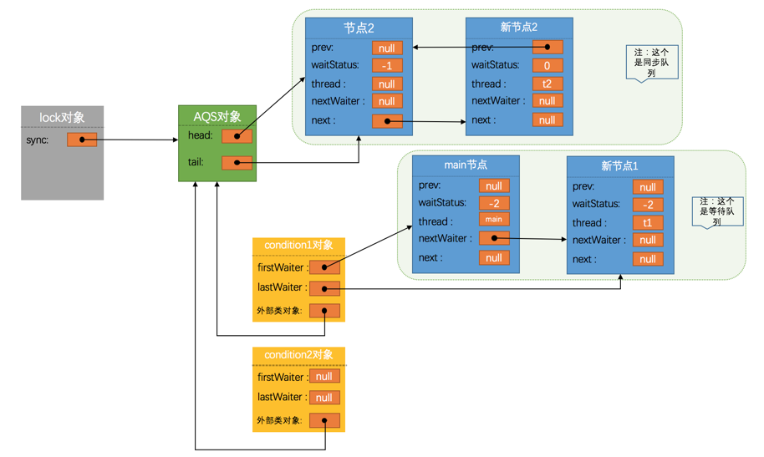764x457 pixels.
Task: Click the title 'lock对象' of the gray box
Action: pos(62,118)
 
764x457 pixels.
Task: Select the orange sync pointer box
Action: pos(82,140)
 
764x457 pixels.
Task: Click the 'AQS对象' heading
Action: pos(217,116)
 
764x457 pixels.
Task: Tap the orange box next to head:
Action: pos(237,136)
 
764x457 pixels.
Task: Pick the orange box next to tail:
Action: pos(237,163)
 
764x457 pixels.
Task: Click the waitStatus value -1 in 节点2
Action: pos(387,66)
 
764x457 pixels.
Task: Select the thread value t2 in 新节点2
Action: pos(548,84)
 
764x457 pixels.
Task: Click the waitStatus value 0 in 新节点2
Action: pos(548,66)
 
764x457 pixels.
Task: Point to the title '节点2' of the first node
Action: pos(359,28)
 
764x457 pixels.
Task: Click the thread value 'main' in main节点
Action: pos(494,220)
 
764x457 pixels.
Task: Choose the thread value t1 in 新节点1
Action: pos(648,223)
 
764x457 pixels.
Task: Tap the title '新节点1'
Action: pos(619,166)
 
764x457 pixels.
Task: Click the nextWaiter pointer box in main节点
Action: pos(494,238)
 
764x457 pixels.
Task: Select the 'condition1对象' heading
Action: pos(298,245)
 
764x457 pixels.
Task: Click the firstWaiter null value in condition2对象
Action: pos(324,377)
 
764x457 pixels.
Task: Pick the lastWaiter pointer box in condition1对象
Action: pos(324,288)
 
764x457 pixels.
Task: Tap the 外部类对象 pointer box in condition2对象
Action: pos(324,420)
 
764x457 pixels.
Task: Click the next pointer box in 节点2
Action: pos(387,121)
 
